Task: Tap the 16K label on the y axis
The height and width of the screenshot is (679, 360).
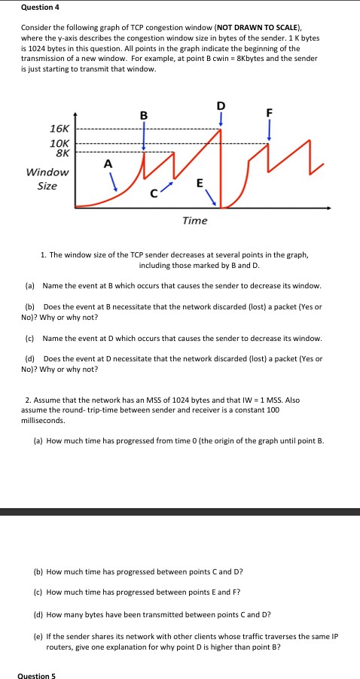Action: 59,129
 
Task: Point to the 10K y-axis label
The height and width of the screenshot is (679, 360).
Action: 59,142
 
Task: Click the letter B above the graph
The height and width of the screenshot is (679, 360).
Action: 144,115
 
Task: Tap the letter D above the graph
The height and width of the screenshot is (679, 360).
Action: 221,105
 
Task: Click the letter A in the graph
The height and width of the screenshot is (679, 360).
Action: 108,164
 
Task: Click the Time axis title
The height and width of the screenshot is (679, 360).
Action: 194,220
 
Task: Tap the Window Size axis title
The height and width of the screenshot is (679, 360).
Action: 47,178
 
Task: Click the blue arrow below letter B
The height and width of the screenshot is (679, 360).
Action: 144,135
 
